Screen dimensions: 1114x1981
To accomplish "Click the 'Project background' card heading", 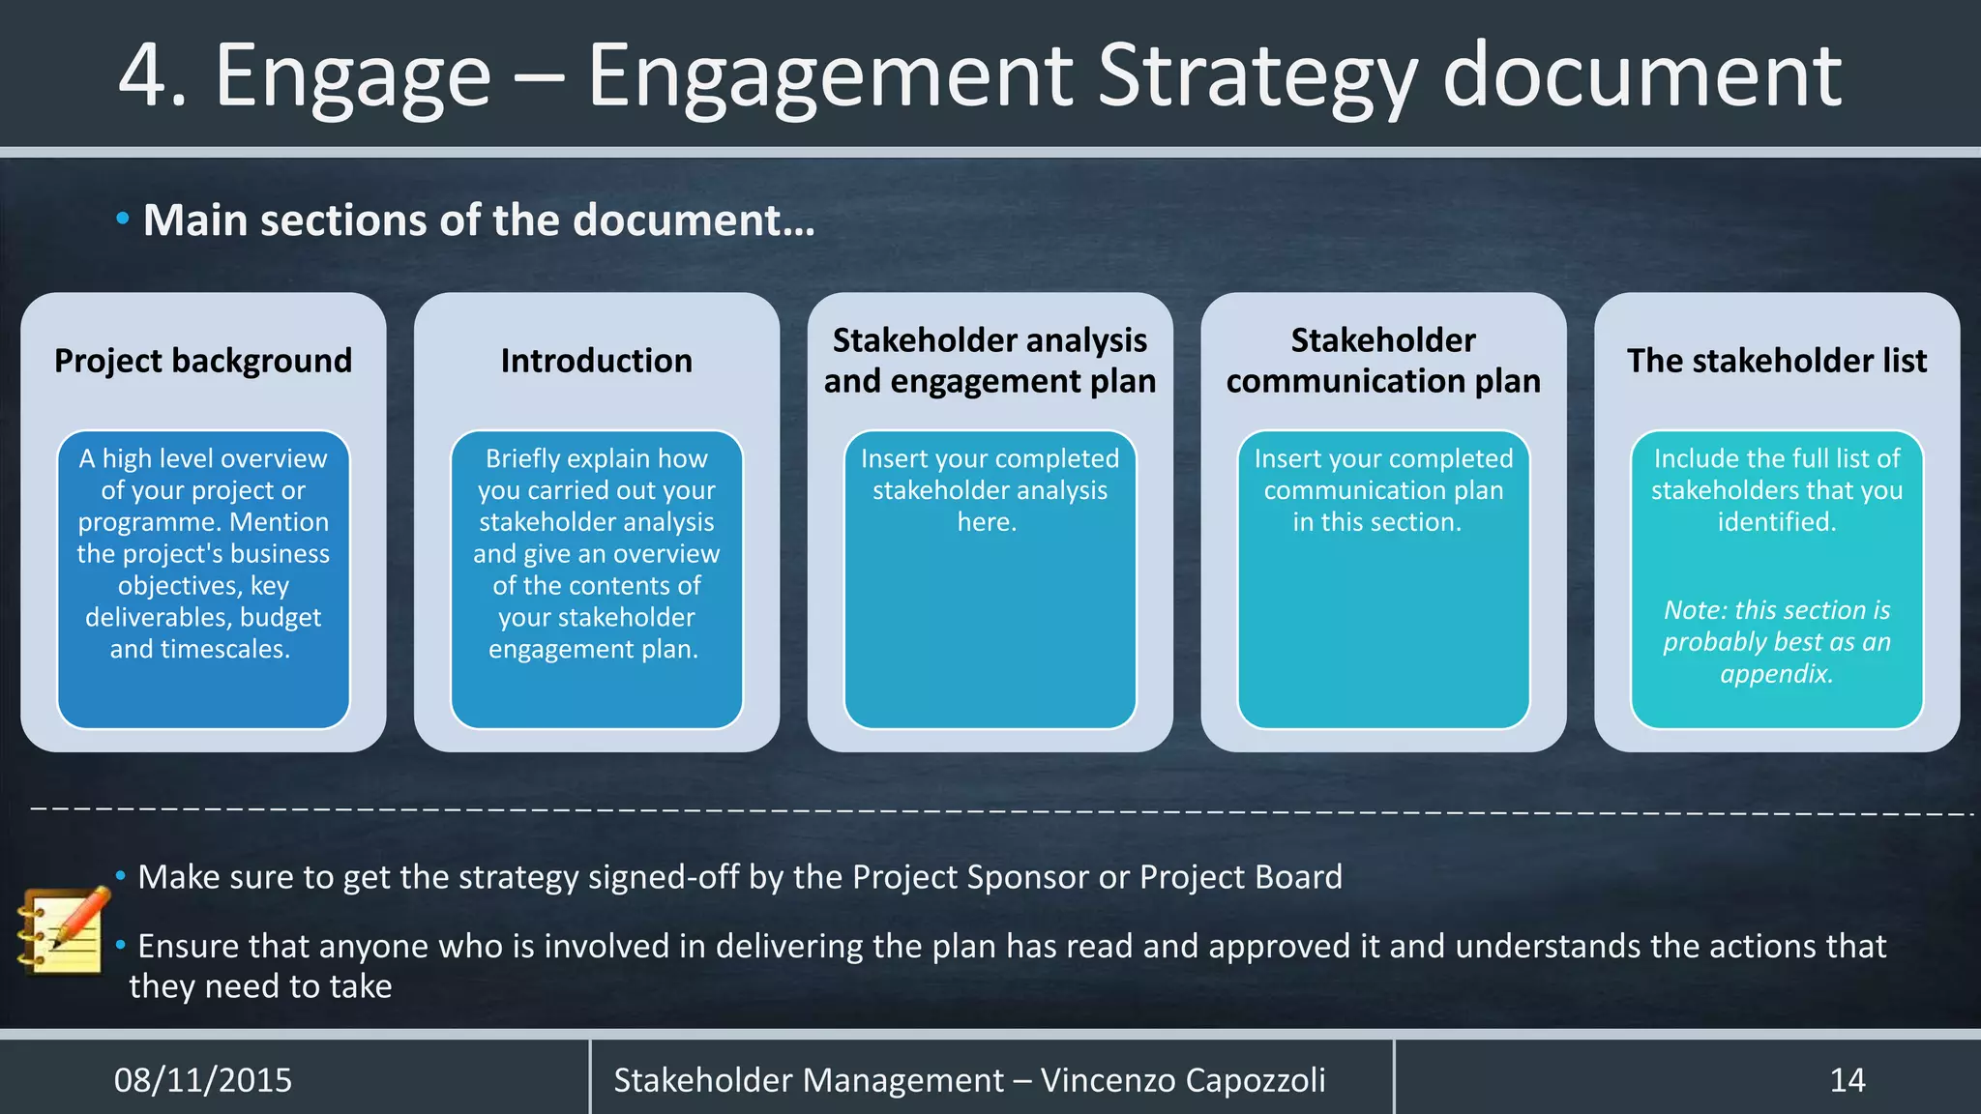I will coord(203,361).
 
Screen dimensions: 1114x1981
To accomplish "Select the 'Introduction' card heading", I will coord(597,361).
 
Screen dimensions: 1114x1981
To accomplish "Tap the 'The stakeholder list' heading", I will coord(1777,361).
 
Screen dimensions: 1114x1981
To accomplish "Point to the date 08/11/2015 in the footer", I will coord(203,1079).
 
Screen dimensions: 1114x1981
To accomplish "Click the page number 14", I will coord(1847,1079).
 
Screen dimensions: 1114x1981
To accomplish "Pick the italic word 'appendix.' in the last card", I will coord(1776,674).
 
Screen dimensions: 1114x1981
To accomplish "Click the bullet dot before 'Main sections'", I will coord(122,220).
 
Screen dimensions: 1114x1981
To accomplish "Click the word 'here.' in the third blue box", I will coord(987,522).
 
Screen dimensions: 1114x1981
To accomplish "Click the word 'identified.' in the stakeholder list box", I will coord(1776,522).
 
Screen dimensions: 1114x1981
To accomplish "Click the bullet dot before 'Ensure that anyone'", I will coord(121,944).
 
